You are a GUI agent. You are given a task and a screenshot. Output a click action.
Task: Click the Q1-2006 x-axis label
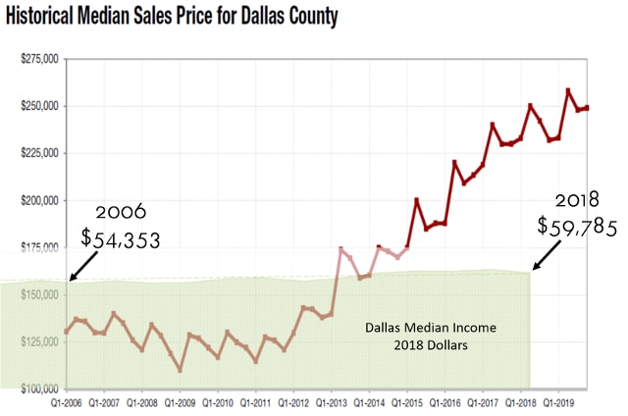coord(67,402)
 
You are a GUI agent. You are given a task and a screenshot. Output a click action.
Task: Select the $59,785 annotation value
coord(577,227)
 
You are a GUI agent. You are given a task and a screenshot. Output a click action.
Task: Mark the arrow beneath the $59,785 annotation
coord(547,257)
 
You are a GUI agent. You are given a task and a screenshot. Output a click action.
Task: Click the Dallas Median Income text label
coord(433,328)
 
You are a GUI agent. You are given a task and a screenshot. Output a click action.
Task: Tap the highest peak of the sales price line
coord(568,90)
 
